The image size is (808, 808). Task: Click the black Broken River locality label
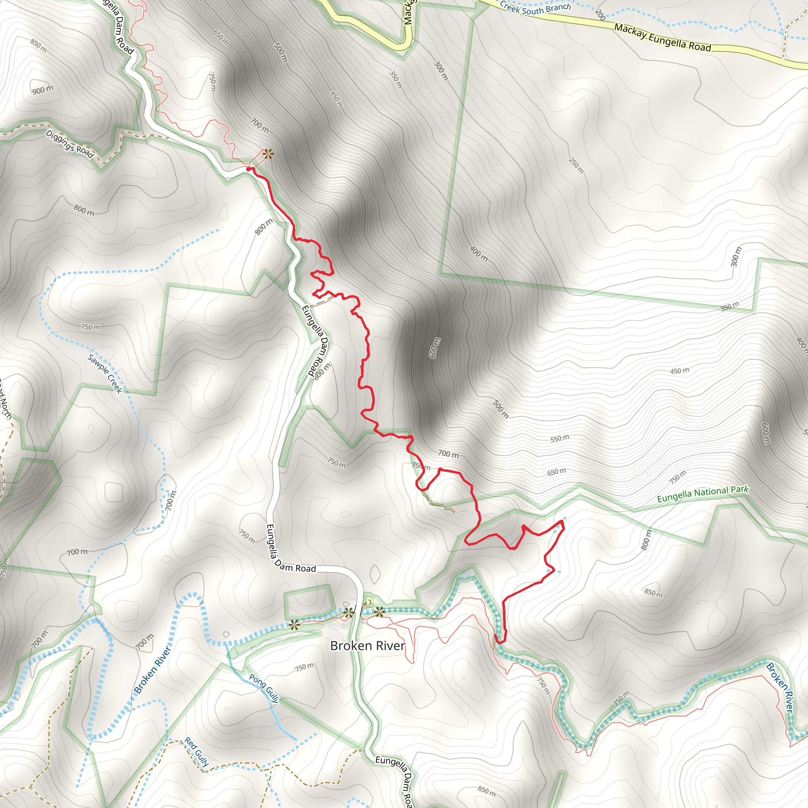(367, 646)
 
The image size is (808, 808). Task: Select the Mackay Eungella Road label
(662, 37)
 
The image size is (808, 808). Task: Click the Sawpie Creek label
(105, 374)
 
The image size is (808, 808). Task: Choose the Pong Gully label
(264, 688)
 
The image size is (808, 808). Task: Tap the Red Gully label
(196, 752)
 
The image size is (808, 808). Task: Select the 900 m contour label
(43, 90)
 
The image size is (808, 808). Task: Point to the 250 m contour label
(576, 165)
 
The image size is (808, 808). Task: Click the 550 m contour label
(559, 439)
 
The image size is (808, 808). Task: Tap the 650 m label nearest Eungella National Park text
(557, 472)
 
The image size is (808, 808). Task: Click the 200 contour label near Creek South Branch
(600, 15)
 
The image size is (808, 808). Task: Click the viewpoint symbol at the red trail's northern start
(267, 154)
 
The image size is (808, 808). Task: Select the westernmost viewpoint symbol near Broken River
(295, 625)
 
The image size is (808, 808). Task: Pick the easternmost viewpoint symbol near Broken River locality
(379, 612)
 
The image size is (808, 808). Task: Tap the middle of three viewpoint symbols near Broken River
(348, 613)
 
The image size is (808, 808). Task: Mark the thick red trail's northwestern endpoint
(249, 169)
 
